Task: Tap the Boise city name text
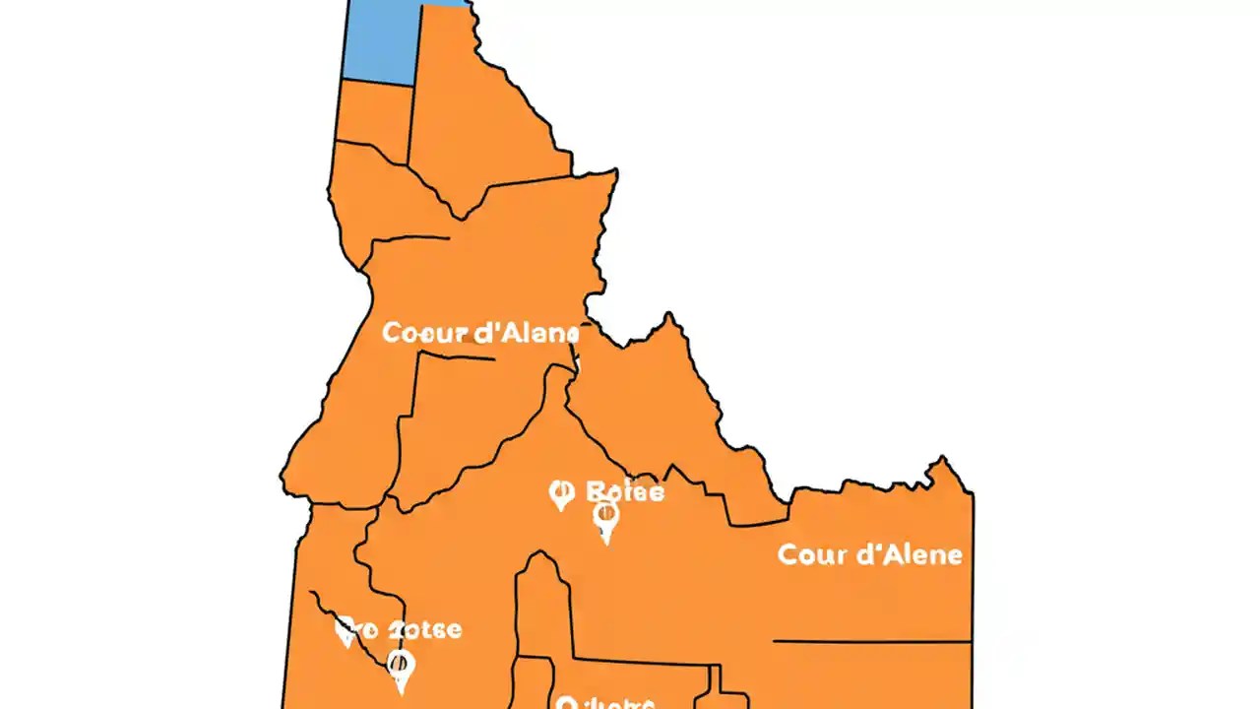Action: click(624, 491)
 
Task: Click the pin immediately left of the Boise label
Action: click(561, 494)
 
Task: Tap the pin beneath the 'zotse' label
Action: click(400, 670)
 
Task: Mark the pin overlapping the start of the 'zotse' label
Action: click(346, 631)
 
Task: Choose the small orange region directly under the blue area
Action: click(374, 118)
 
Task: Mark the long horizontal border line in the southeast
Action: click(871, 642)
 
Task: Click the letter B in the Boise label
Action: click(594, 491)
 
